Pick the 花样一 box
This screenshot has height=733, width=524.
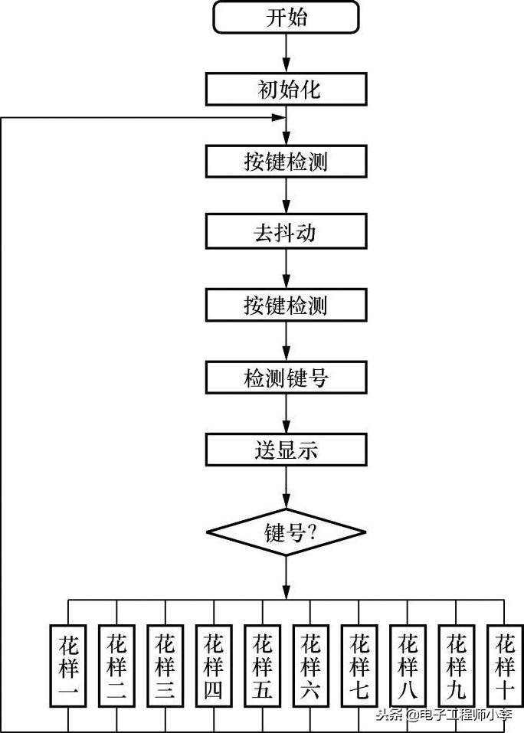point(68,666)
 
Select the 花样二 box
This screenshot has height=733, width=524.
point(116,666)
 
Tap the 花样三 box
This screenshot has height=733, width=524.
point(165,666)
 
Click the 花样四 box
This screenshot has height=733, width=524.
point(213,666)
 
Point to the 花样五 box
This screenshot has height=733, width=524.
point(262,666)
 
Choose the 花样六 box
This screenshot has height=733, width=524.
point(310,666)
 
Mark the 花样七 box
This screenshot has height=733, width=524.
point(359,666)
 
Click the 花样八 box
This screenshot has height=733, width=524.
point(408,666)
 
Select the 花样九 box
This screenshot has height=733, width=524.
point(457,666)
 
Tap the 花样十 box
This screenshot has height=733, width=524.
point(505,666)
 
